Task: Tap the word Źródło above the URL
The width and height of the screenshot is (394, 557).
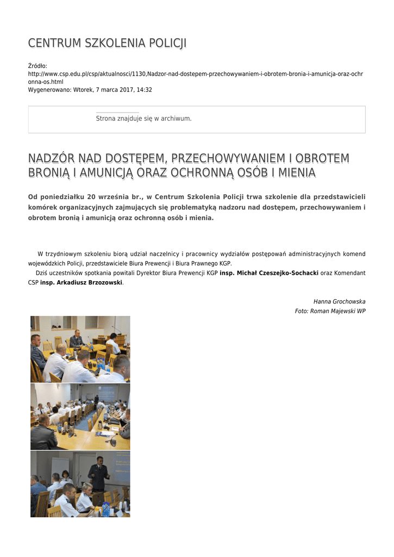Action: pos(37,66)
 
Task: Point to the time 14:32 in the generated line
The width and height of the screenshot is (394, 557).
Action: pos(145,90)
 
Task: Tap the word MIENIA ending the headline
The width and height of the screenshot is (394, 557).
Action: pos(296,173)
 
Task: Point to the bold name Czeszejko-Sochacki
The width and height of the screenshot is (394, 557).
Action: pos(285,273)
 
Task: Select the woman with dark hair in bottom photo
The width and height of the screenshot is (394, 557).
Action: pos(65,477)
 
